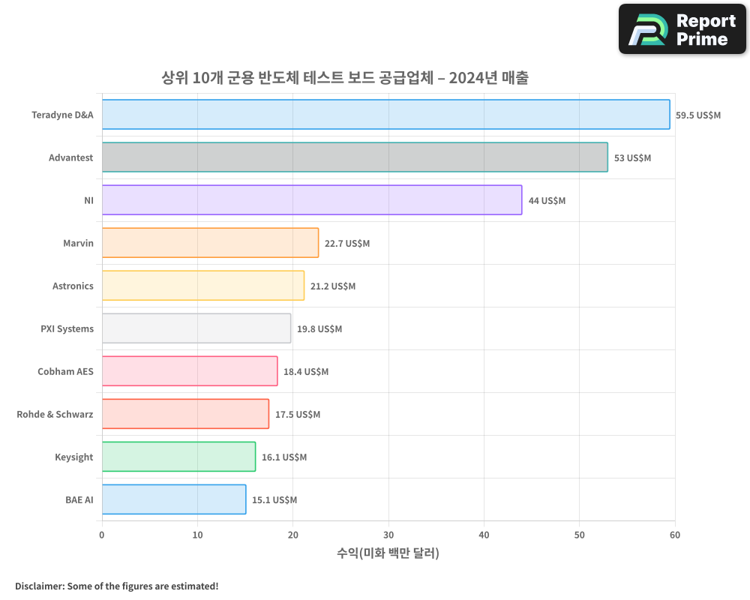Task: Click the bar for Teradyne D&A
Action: [385, 115]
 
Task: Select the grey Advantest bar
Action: [355, 157]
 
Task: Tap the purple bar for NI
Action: [312, 200]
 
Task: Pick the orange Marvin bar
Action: [210, 243]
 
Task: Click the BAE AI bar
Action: [174, 499]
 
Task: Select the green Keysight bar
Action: [178, 457]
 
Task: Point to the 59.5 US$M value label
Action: [697, 115]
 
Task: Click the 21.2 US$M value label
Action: [333, 286]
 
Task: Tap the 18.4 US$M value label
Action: [306, 372]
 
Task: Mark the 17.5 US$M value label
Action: [298, 415]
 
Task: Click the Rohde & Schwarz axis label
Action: [55, 414]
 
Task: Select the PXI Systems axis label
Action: [67, 328]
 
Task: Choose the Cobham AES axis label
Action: [65, 371]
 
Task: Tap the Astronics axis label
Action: [73, 286]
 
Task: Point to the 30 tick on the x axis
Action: [388, 535]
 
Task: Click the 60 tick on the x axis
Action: [675, 535]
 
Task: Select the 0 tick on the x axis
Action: [102, 535]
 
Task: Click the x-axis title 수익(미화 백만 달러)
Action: [388, 553]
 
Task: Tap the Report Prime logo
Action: [682, 29]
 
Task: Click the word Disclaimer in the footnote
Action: [39, 586]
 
